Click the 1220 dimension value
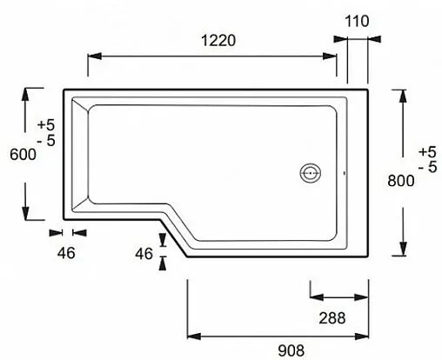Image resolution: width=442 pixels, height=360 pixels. tap(211, 39)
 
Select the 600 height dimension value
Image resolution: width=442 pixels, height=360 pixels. tap(23, 154)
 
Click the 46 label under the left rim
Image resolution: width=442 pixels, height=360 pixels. tap(66, 253)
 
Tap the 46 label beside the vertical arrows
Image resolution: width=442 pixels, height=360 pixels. tap(144, 253)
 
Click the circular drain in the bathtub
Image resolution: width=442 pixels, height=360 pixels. tap(311, 172)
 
